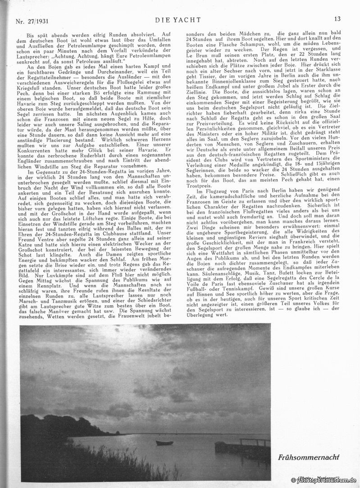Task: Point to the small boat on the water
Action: coord(164,443)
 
